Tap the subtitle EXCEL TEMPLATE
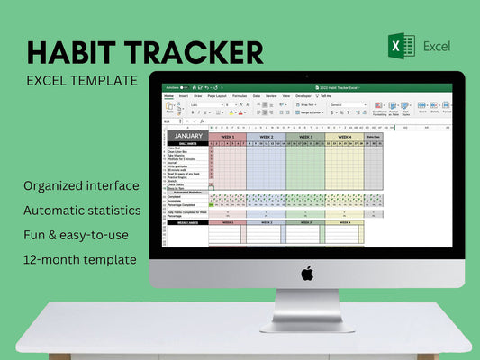tap(82, 80)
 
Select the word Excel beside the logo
tap(436, 46)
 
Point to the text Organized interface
tap(82, 185)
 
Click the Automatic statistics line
tap(82, 210)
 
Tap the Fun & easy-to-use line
tap(78, 235)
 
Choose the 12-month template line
tap(82, 259)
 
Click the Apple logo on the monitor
tap(306, 273)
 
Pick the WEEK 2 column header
tap(266, 137)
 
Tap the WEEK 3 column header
tap(305, 137)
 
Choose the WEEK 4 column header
tap(344, 137)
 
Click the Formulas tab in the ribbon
tap(240, 94)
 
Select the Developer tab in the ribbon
tap(303, 94)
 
